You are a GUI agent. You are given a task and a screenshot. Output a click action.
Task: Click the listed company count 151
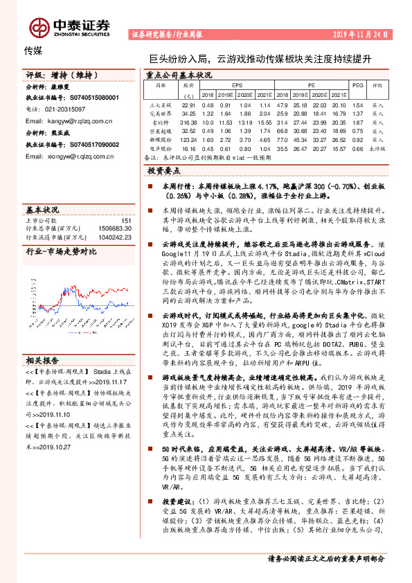(126, 220)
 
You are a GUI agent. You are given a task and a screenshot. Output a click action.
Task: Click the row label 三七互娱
(161, 105)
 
